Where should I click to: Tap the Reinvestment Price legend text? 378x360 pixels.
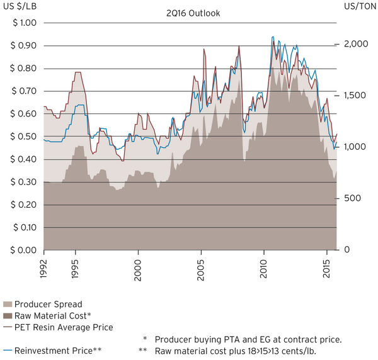tap(56, 350)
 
